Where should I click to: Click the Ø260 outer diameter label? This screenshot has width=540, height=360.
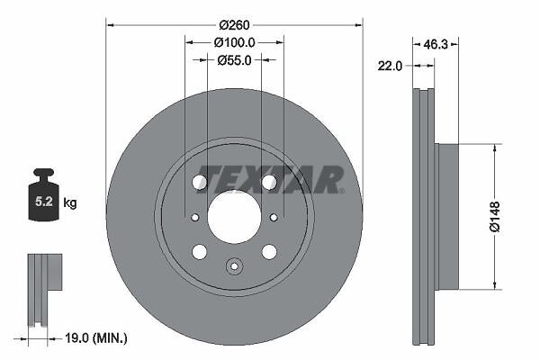pos(234,25)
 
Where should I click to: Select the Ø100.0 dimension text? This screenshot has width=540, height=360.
pos(234,42)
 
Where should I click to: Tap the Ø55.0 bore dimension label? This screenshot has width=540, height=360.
pos(234,60)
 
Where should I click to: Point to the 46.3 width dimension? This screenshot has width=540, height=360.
pos(436,44)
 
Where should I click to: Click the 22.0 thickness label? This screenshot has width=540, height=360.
pos(390,66)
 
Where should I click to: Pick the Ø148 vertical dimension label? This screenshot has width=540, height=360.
pos(494,217)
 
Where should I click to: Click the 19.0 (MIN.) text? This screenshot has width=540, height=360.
pos(96,338)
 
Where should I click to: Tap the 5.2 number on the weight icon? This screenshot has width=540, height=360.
pos(44,202)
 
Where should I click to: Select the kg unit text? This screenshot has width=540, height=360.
pos(70,202)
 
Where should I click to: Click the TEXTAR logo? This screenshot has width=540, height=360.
pos(270,179)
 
